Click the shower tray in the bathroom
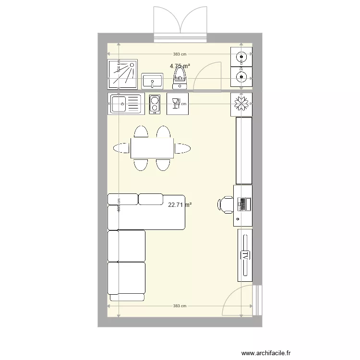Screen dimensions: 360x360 point(122,74)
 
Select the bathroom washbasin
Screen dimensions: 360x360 point(152,81)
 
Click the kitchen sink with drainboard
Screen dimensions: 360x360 point(126,104)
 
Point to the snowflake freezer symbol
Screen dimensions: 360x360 point(241,104)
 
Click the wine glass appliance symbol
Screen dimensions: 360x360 point(178,104)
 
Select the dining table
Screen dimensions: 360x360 point(152,148)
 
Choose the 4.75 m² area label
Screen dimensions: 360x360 point(180,66)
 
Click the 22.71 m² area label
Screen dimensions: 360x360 point(180,204)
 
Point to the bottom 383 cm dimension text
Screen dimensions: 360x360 point(180,306)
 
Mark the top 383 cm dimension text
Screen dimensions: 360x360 point(180,55)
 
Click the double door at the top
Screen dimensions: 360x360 point(180,23)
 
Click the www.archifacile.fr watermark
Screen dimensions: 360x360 point(266,353)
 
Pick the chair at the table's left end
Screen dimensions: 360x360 point(120,148)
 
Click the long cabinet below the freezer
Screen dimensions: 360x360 point(244,150)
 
